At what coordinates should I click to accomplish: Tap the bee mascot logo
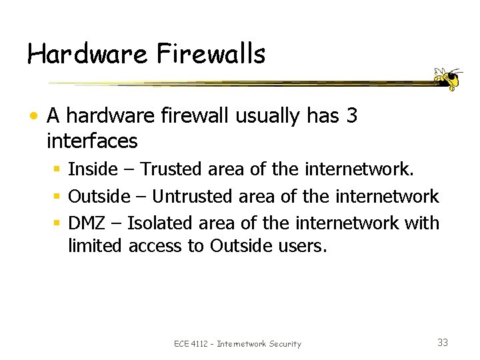point(447,79)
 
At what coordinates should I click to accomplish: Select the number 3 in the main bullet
point(352,116)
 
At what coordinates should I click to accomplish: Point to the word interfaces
point(92,141)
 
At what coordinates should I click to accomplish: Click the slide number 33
point(443,343)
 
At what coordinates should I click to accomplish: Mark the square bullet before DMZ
point(58,223)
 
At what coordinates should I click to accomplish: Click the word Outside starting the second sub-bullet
point(99,196)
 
